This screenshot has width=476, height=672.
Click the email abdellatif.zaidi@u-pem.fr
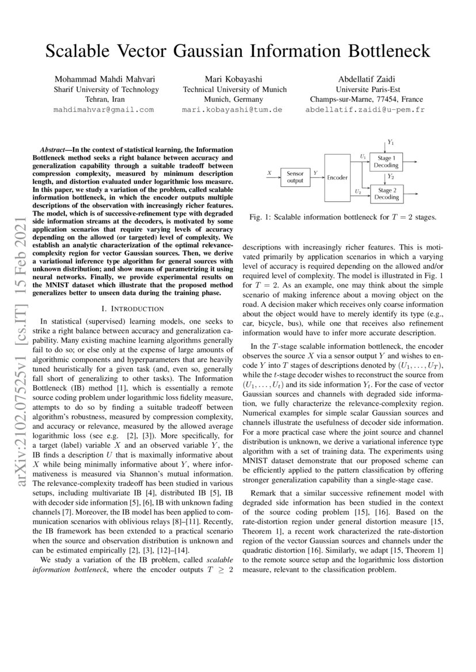point(364,109)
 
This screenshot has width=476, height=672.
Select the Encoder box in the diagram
point(337,178)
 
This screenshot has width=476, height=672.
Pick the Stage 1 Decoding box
point(386,162)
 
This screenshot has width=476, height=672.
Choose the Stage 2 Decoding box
point(386,194)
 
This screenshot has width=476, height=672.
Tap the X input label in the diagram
point(269,172)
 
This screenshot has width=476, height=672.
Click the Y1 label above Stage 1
point(390,141)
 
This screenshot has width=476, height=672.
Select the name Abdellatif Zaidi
point(364,79)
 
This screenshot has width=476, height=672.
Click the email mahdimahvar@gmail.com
point(104,109)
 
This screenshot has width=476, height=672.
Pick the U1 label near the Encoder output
point(363,156)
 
